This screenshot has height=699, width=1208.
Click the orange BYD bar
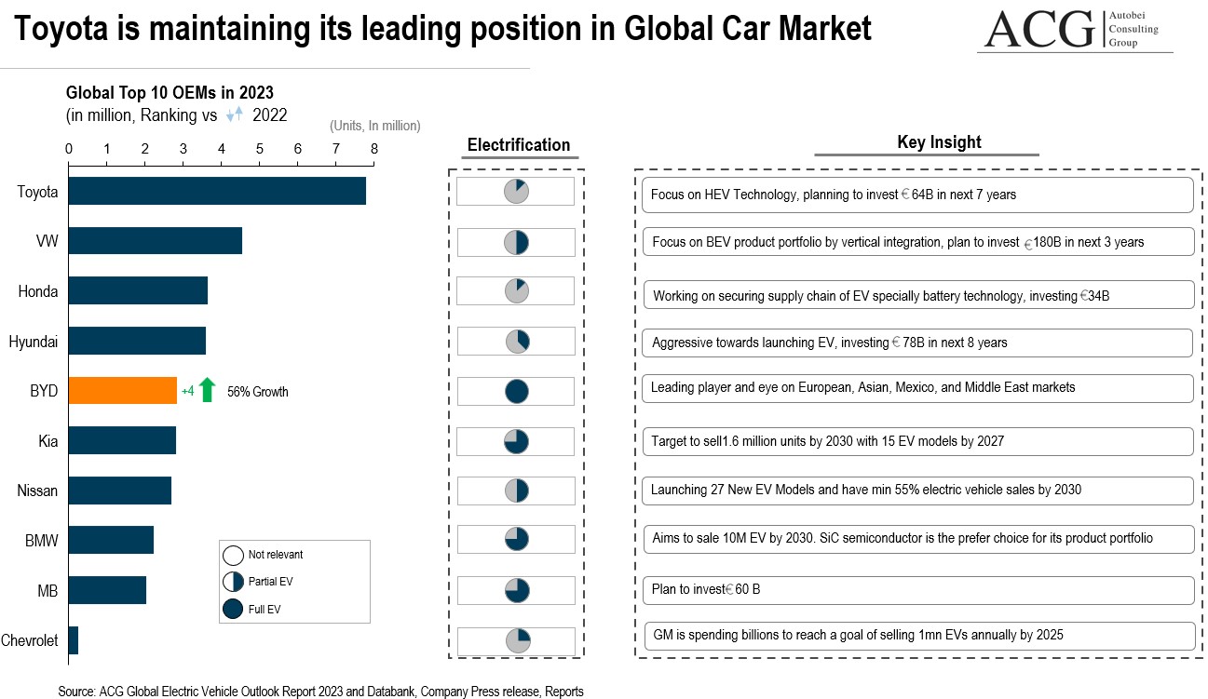[122, 391]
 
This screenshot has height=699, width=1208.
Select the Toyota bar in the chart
[216, 192]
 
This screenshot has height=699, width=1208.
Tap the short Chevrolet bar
[74, 640]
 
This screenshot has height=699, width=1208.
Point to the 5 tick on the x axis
[259, 149]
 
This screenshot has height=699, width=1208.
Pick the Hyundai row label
[34, 342]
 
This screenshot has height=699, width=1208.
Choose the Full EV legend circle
[233, 610]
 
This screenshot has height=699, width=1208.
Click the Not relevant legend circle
[233, 556]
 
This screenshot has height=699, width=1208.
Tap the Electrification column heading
[518, 145]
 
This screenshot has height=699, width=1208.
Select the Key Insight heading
[926, 142]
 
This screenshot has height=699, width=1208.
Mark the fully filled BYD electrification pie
[517, 391]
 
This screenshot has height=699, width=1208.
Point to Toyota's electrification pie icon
[517, 192]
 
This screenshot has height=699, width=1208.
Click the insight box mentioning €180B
[917, 242]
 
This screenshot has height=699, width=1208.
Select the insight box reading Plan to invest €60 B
[917, 590]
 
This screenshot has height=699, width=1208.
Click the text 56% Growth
[258, 392]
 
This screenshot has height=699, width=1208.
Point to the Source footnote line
[320, 692]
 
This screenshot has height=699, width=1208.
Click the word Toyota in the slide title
[68, 29]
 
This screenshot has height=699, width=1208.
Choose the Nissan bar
[119, 491]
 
